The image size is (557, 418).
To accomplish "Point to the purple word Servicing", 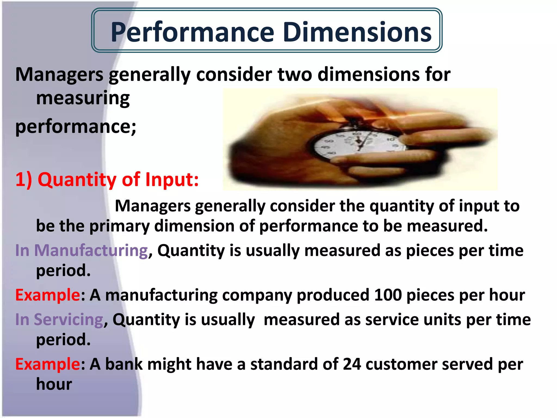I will tap(68, 319).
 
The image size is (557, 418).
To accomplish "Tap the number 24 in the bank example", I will tap(352, 364).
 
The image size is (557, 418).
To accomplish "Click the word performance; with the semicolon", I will tap(76, 127).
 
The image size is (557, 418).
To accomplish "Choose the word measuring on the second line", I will tap(83, 99).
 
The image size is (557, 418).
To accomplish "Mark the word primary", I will tap(119, 226).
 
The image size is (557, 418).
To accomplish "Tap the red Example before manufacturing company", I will tap(48, 295).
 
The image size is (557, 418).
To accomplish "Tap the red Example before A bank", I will tap(48, 364).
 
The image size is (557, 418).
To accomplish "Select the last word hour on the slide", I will tap(54, 384).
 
